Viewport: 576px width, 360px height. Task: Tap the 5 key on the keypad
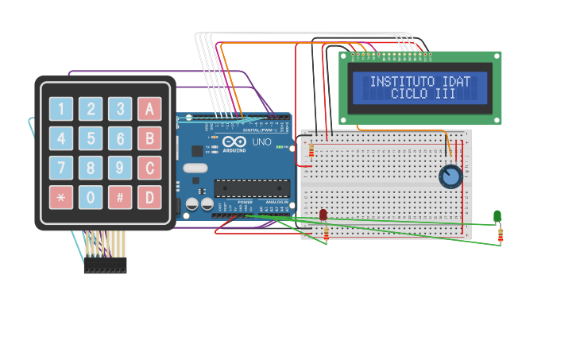(91, 138)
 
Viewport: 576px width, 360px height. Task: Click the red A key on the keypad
(149, 109)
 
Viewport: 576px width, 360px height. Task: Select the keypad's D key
(149, 197)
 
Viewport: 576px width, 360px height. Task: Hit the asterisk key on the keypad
(61, 197)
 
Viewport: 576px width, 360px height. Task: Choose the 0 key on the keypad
(91, 197)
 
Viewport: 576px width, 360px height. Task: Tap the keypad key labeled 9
(120, 168)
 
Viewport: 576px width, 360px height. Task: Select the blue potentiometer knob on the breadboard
(450, 176)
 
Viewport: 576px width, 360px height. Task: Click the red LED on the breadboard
(323, 215)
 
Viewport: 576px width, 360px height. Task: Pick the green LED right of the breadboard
(497, 216)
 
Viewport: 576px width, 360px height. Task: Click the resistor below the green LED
(501, 234)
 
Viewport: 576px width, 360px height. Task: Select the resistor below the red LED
(326, 234)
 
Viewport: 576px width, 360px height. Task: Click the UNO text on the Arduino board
(261, 144)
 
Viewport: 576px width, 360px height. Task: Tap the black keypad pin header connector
(105, 266)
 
